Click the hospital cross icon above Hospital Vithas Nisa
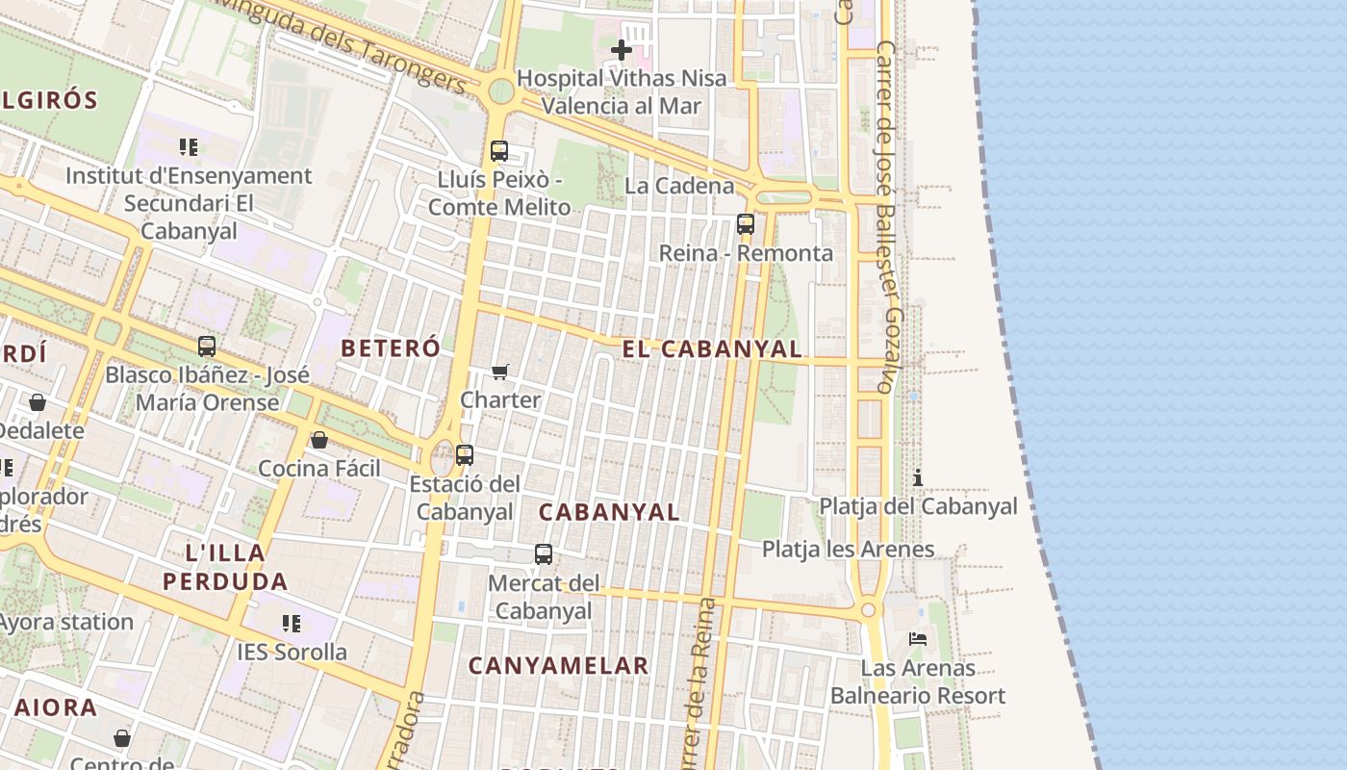[x=622, y=49]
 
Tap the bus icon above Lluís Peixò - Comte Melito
[x=498, y=151]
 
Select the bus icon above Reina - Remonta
[x=746, y=224]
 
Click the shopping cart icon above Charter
[x=500, y=372]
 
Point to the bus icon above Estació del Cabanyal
[x=465, y=455]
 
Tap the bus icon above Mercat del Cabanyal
[x=544, y=554]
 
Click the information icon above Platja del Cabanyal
[x=918, y=477]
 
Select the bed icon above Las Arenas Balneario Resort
[x=918, y=639]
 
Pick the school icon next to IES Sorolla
[x=292, y=624]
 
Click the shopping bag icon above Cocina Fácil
[x=319, y=440]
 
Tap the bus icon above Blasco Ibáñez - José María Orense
[x=207, y=346]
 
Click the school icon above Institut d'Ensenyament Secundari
[x=189, y=147]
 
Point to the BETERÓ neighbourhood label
[x=391, y=348]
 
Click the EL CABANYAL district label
[x=712, y=349]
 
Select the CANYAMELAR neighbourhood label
[x=559, y=665]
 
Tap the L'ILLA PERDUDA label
[x=225, y=567]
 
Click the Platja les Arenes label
[x=848, y=550]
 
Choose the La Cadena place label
[x=679, y=186]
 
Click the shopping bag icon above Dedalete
[x=38, y=402]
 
